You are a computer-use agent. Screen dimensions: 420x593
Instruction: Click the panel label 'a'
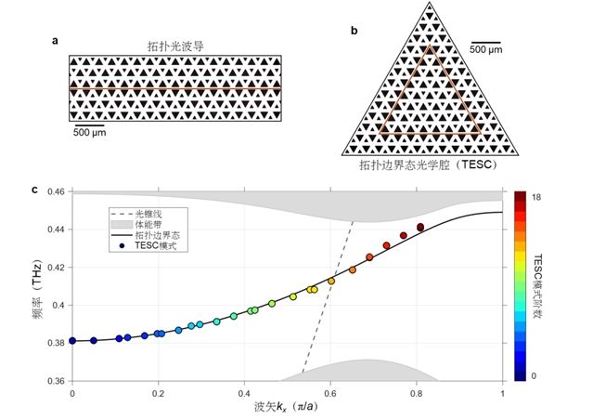[57, 40]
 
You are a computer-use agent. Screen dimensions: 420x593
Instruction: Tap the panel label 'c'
[35, 190]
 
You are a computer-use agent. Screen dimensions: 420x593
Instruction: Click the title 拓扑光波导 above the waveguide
[174, 45]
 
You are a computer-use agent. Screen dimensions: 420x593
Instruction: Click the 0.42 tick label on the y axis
[54, 268]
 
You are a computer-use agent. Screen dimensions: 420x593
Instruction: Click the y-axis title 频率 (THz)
[33, 287]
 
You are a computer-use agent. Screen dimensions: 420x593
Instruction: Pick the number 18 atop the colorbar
[536, 197]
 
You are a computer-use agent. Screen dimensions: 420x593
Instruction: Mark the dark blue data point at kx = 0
[72, 341]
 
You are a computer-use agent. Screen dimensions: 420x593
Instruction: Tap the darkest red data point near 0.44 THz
[420, 227]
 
